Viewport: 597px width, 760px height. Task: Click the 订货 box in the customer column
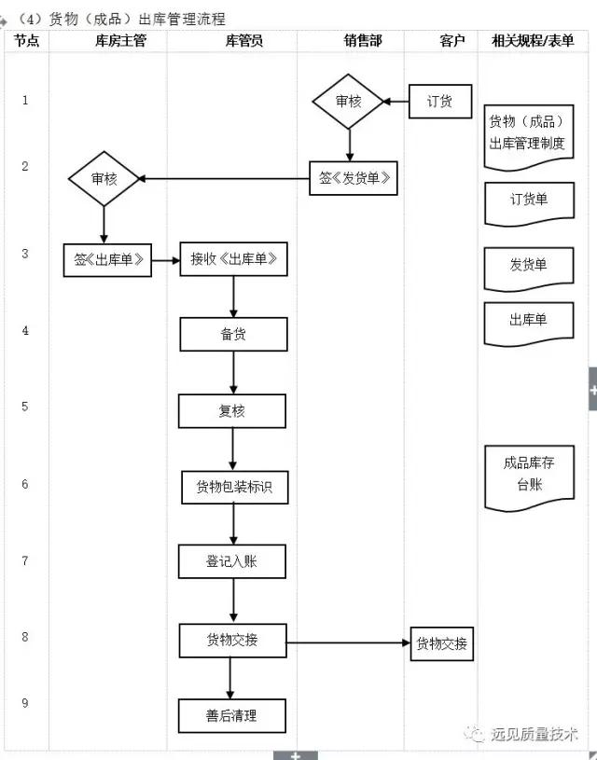[440, 102]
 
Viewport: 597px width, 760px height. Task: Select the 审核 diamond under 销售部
[348, 101]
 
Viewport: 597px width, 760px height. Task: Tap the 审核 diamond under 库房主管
[104, 178]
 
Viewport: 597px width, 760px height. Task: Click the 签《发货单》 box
[354, 178]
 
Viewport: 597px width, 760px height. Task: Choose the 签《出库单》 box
[106, 260]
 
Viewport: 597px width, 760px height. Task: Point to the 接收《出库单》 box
[233, 260]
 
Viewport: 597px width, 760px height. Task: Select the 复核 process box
[233, 410]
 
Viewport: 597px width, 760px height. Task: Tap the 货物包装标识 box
[233, 487]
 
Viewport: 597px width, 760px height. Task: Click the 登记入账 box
[233, 562]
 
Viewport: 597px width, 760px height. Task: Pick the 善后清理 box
[233, 716]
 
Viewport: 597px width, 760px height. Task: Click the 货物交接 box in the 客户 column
[442, 643]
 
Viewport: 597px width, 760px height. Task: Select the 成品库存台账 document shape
[529, 475]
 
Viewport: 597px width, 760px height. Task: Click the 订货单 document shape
[529, 201]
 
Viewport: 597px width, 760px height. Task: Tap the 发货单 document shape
[529, 267]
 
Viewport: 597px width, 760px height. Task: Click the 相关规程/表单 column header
[533, 41]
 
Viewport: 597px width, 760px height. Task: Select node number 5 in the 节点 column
[25, 407]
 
